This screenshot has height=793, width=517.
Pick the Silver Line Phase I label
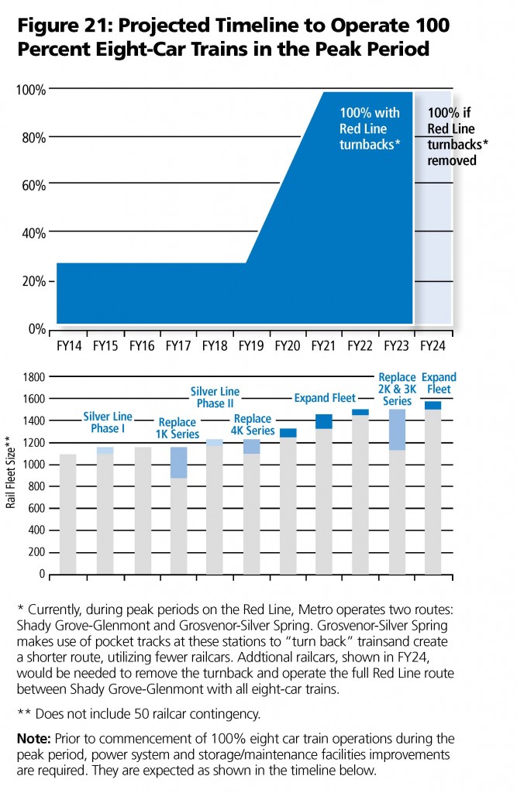click(x=108, y=423)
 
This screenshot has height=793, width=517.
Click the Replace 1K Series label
click(x=178, y=428)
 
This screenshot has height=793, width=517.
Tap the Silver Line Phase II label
click(x=215, y=397)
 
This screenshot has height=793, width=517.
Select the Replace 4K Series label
click(x=253, y=425)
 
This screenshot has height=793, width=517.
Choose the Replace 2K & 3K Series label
click(x=397, y=390)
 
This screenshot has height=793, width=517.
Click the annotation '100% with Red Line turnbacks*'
click(x=370, y=129)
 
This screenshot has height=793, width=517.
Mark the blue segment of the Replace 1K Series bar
click(x=179, y=462)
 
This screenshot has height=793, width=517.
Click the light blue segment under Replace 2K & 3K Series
click(x=398, y=429)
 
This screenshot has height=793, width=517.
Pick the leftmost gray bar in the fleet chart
click(x=68, y=514)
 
